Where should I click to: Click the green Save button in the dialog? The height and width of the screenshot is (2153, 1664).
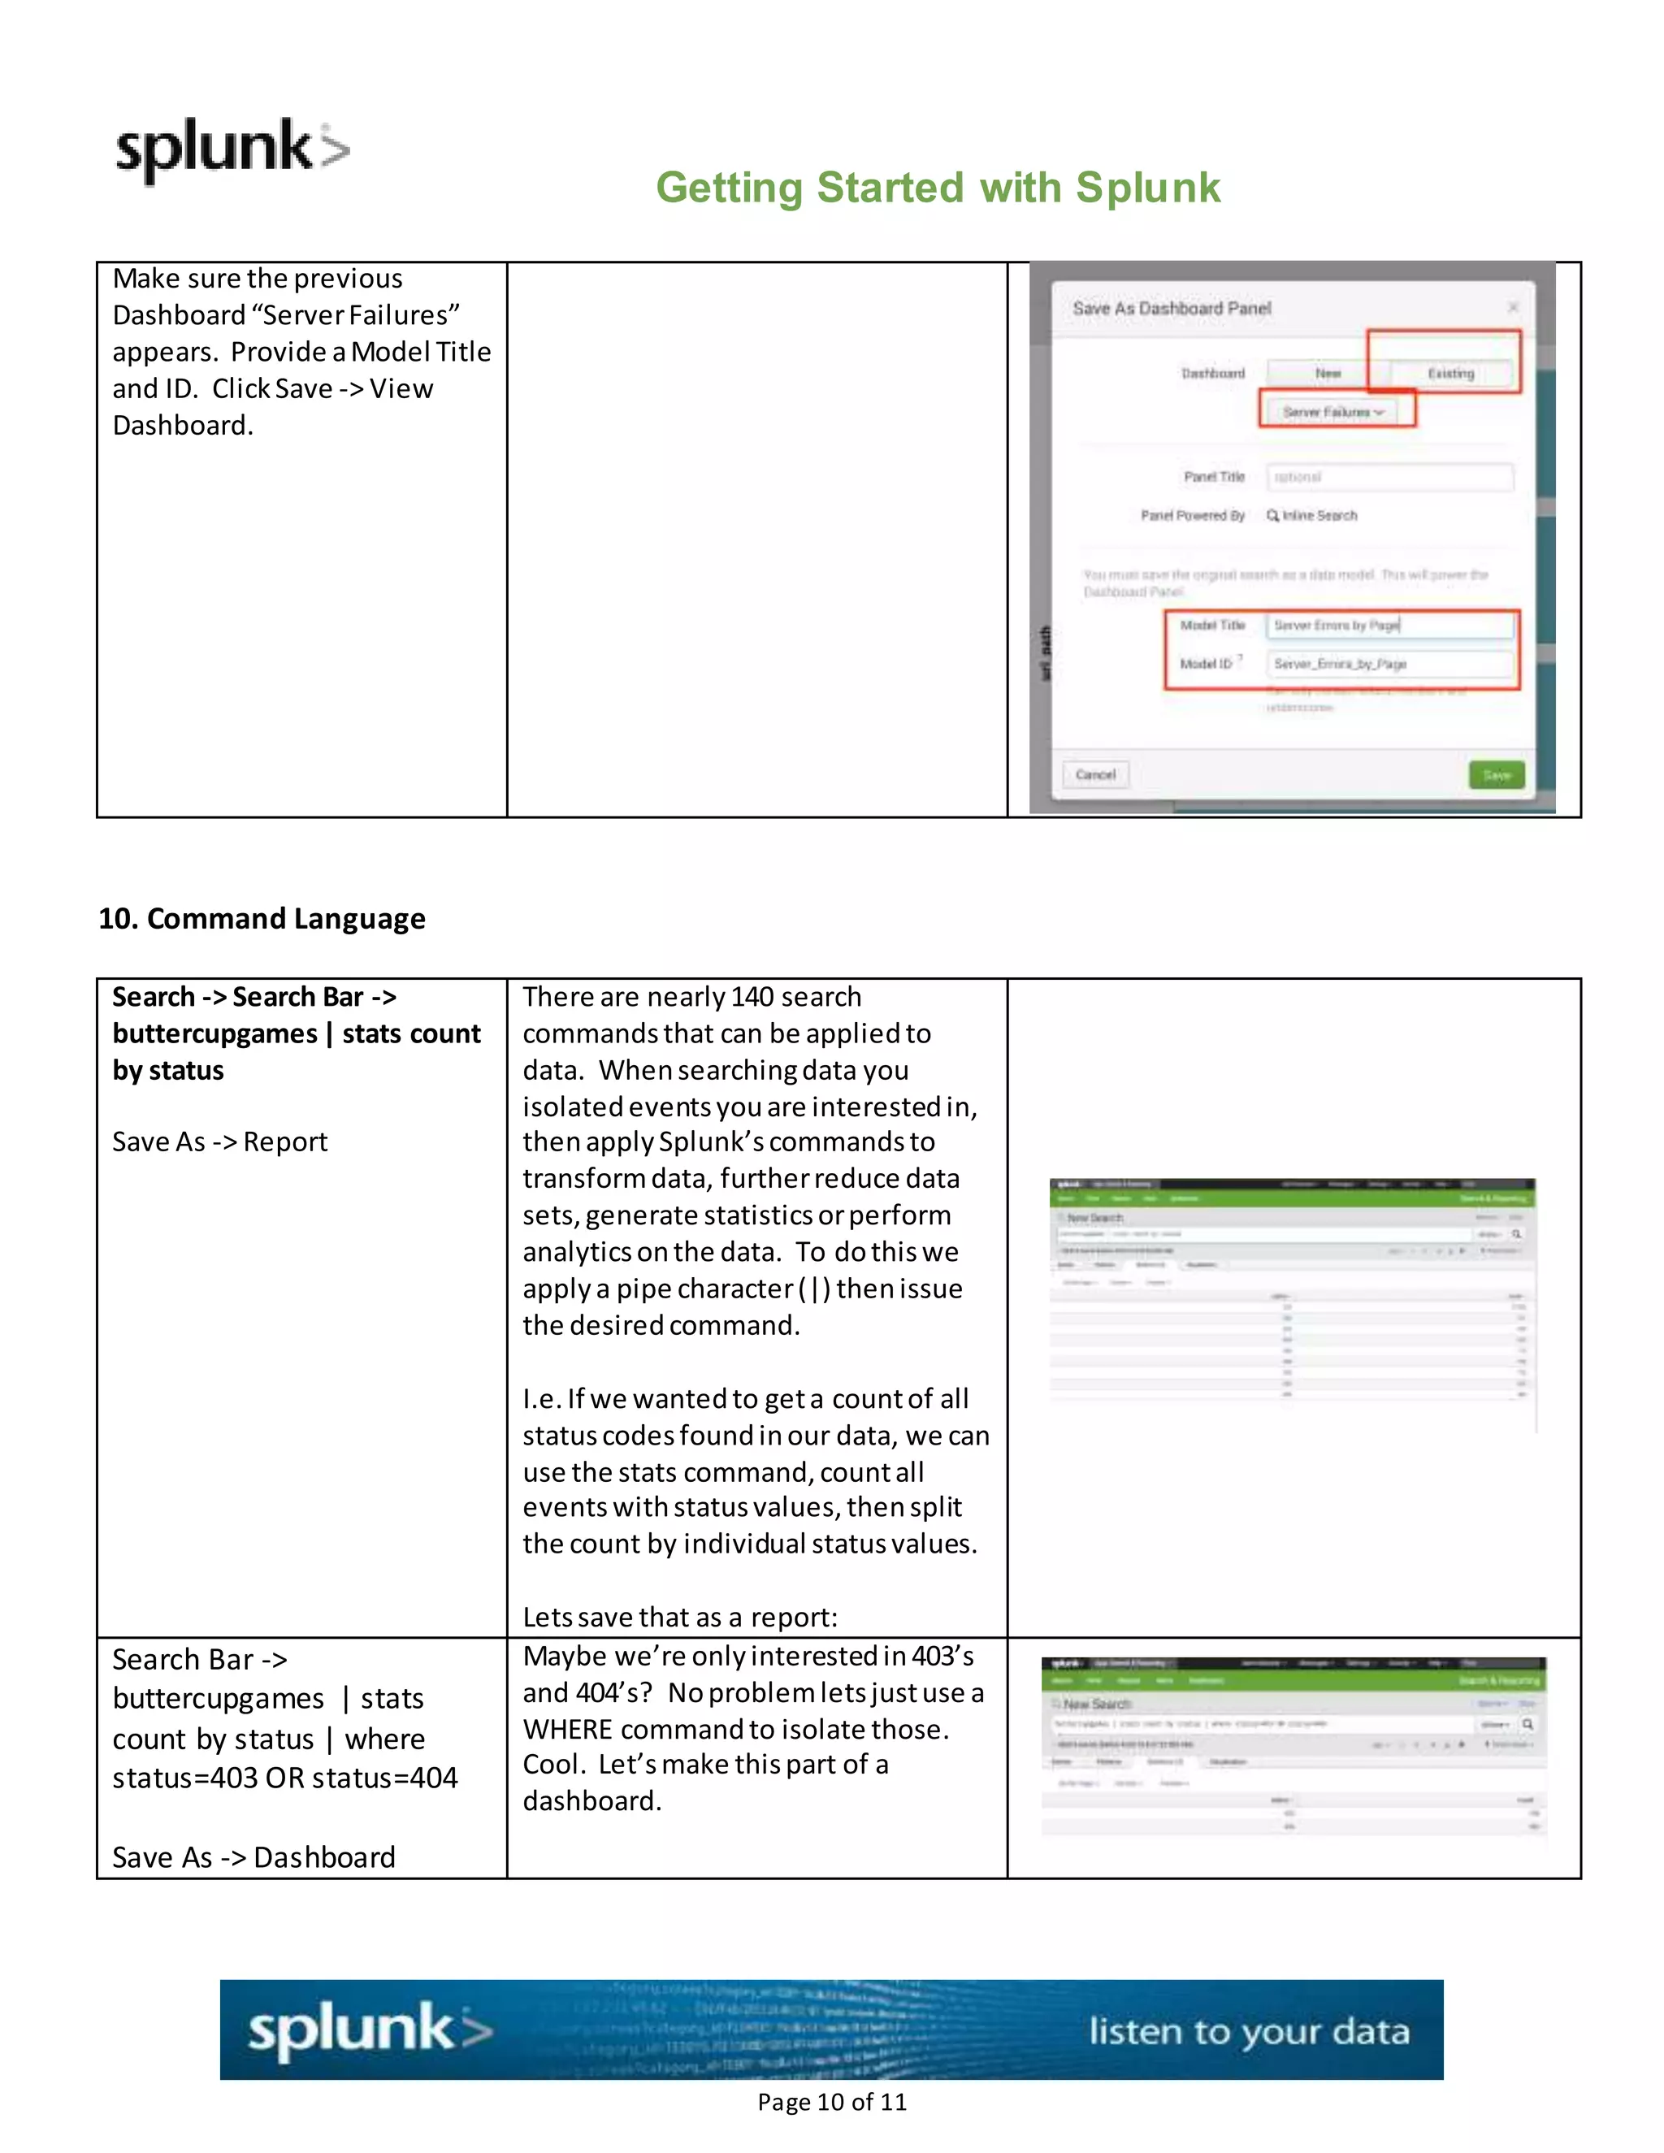click(1496, 775)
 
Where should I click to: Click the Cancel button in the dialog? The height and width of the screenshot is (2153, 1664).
click(1095, 775)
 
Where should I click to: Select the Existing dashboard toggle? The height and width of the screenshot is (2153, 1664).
click(1450, 374)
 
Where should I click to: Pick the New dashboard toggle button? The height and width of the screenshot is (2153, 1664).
click(1327, 374)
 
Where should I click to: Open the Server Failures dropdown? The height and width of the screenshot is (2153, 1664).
click(1332, 412)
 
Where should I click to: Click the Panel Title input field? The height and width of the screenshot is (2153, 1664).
click(1389, 477)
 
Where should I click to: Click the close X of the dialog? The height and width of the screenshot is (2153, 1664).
click(1512, 308)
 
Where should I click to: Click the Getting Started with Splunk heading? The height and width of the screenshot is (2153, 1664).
click(938, 188)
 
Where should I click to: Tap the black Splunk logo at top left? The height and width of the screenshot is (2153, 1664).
click(232, 149)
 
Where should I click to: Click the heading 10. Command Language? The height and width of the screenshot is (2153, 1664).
click(262, 919)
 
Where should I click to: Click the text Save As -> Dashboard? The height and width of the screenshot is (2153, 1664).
click(253, 1857)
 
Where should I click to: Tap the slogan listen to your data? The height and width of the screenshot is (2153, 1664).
click(1248, 2032)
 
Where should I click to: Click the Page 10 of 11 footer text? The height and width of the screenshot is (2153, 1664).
click(831, 2102)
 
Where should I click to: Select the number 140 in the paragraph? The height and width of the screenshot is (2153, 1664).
click(752, 997)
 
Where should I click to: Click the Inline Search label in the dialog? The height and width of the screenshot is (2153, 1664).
click(1318, 516)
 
